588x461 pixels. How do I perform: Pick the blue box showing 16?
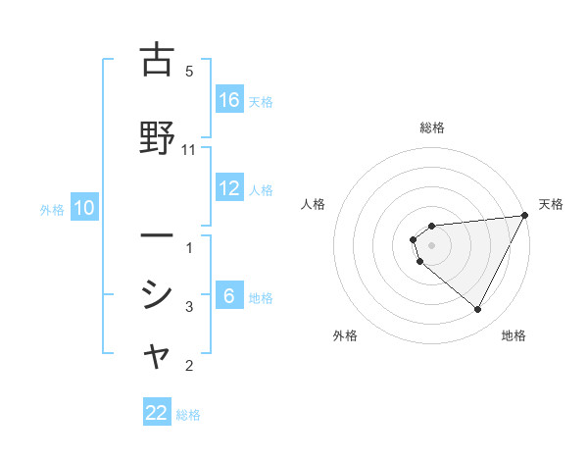tap(229, 100)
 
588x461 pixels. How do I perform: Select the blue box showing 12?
tap(229, 188)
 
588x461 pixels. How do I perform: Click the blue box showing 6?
tap(229, 297)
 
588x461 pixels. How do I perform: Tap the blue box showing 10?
tap(84, 208)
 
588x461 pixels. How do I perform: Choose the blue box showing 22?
tap(157, 413)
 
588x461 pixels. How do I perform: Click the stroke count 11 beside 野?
tap(190, 150)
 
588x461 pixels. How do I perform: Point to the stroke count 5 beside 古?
tap(189, 71)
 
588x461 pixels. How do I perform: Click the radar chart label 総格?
tap(432, 128)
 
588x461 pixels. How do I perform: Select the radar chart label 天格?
tap(551, 204)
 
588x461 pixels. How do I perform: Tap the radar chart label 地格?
tap(514, 335)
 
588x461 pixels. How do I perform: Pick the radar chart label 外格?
tap(345, 335)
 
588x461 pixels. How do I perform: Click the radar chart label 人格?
tap(314, 204)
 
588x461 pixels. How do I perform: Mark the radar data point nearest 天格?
tap(525, 215)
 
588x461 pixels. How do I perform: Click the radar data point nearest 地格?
tap(478, 310)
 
